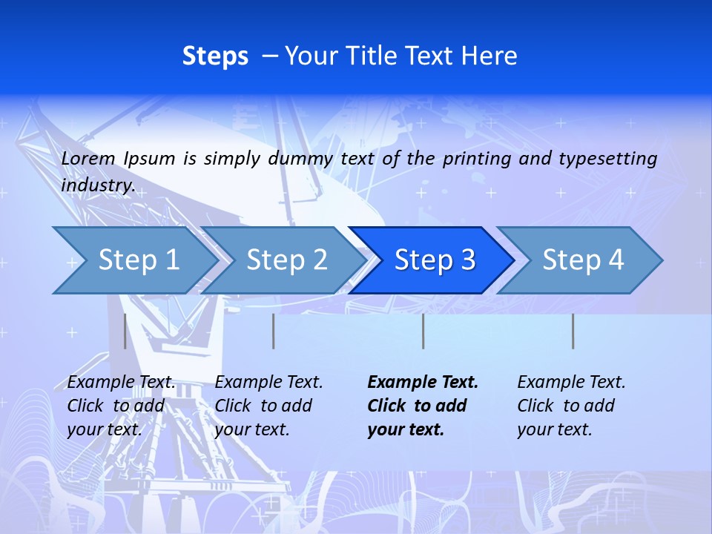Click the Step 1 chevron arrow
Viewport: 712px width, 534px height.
137,260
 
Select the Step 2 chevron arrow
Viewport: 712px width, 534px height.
286,260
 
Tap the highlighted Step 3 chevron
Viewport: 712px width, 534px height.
434,260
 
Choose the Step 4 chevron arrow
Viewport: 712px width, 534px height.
582,260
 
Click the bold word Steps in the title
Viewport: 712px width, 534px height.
215,56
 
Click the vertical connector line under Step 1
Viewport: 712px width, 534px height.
125,331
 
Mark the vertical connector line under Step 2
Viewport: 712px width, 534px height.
273,331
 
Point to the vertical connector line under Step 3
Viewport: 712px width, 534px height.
423,331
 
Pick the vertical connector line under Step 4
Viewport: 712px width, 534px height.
573,331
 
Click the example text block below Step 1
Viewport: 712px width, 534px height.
122,406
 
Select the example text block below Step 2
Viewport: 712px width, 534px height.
268,406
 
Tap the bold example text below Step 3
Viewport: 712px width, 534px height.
423,406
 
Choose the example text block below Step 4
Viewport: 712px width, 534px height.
571,406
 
